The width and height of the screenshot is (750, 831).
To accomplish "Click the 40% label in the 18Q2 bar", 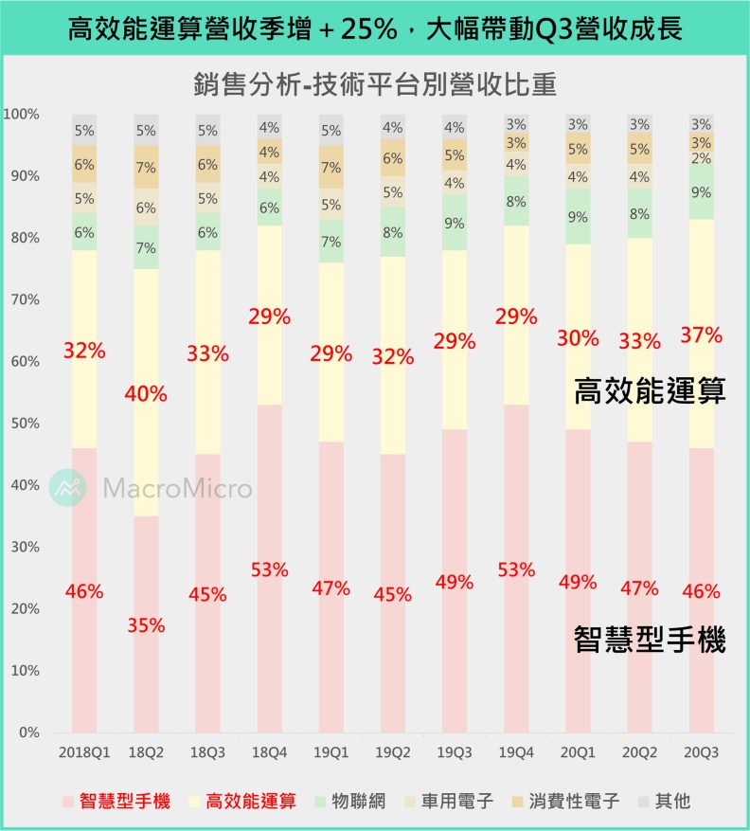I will coord(146,394).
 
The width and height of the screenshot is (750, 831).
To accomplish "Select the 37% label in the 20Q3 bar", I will coord(701,334).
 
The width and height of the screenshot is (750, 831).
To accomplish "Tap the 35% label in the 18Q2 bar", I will coord(146,625).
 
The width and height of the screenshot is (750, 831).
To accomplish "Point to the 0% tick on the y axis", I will coord(30,732).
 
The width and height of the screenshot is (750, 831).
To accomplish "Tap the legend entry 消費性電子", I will coord(576,802).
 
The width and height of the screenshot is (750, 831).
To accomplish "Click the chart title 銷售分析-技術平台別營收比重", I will coord(374,84).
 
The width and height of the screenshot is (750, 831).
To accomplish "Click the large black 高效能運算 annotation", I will coord(650,391).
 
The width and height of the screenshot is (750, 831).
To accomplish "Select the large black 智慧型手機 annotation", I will coord(650,641).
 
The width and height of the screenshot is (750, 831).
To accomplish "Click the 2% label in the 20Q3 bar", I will coord(701,158).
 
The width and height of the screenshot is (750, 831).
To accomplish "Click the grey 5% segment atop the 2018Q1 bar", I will coord(84,131).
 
